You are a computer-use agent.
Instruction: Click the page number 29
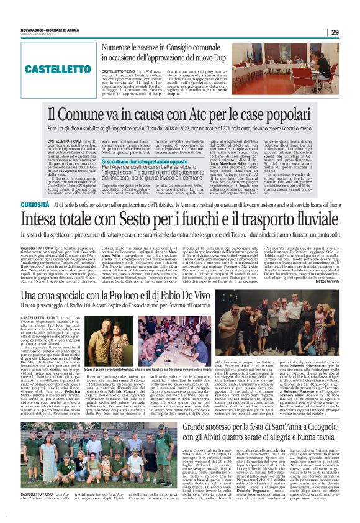pos(335,33)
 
